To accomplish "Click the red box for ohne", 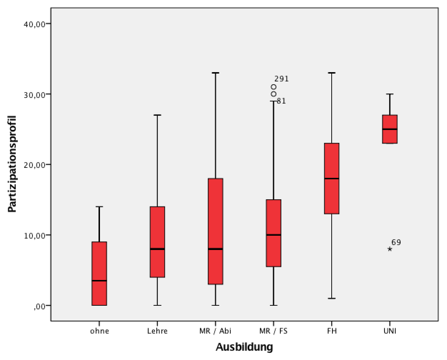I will point(99,273).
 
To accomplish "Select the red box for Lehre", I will point(157,241).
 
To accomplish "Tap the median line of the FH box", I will point(332,178).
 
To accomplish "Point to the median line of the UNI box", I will point(390,129).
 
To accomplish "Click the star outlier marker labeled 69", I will point(390,249).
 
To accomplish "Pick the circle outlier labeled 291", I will point(273,87).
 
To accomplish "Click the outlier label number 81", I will point(281,101).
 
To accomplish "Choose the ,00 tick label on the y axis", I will point(39,306).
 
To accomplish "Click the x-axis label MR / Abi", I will point(215,331).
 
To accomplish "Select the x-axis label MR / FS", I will point(273,331).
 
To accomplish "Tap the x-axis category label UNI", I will point(390,331).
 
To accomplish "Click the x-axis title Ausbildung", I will point(244,347).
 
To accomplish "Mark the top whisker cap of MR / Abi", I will point(216,73).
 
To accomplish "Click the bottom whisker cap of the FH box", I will point(332,298).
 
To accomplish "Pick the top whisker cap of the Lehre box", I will point(157,115).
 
